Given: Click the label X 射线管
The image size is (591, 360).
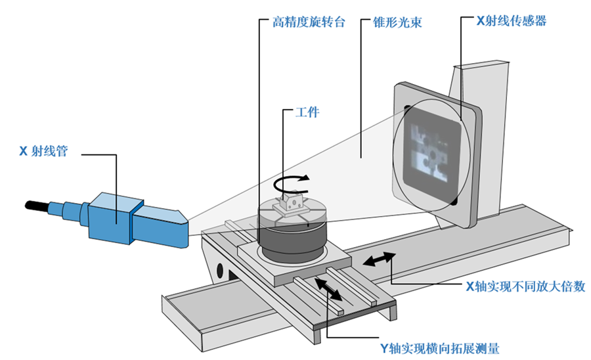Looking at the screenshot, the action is pos(43,151).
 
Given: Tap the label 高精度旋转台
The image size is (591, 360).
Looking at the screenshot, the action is pos(309,22).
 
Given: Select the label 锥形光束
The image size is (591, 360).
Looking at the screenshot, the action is pos(397,22).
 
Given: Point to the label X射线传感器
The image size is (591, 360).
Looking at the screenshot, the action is pos(512,21).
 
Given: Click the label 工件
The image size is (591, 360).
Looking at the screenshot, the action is pos(307,112).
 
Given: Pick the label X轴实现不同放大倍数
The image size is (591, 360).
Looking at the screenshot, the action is pos(526,286).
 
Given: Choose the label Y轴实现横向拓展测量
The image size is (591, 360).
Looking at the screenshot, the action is pos(440,348).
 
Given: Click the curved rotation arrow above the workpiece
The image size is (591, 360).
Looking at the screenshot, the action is pos(291,185).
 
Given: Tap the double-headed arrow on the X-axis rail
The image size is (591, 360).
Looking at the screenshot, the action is pos(379,259).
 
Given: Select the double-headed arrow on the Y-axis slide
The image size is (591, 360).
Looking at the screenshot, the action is pos(328,290).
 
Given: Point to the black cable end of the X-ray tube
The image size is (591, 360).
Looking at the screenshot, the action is pos(37,206).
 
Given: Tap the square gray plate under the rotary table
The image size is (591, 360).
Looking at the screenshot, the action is pos(295,263).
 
